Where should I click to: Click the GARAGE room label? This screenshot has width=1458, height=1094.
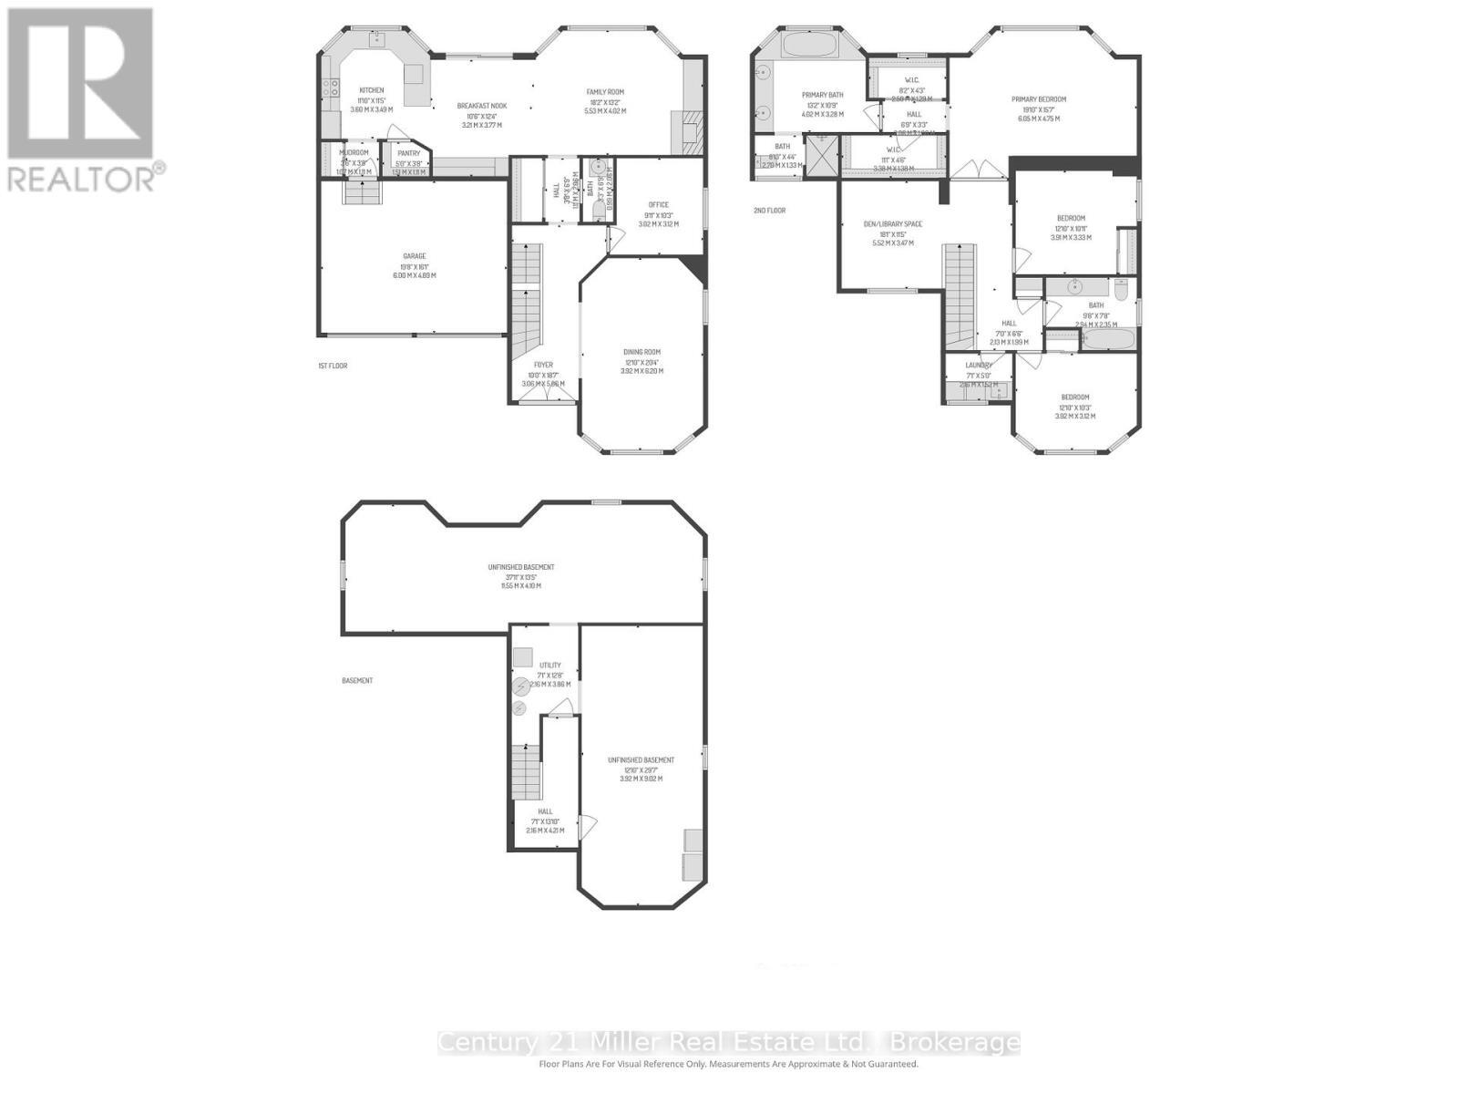(x=415, y=256)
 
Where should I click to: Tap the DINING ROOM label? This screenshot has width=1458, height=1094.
(x=642, y=352)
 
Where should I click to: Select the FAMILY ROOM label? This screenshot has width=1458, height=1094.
(x=604, y=92)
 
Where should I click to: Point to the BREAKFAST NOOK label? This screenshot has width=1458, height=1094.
(x=481, y=107)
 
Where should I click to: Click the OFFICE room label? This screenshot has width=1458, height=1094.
(x=658, y=205)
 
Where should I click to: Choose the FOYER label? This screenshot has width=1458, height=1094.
(x=543, y=365)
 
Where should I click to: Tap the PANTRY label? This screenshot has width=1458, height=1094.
(x=408, y=153)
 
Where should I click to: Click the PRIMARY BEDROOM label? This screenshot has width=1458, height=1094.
(x=1038, y=99)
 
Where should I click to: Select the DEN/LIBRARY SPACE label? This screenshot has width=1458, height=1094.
(x=892, y=224)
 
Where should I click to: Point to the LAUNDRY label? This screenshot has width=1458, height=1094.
(x=978, y=366)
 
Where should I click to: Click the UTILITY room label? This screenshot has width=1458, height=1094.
(x=549, y=666)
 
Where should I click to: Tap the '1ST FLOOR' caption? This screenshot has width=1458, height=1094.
(x=333, y=366)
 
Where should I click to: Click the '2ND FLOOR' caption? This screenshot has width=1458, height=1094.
(x=769, y=211)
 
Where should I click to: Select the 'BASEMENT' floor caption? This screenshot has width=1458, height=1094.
(x=357, y=680)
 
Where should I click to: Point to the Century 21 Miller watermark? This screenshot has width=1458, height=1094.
(x=728, y=1042)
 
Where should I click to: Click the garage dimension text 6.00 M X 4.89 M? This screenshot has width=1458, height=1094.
(x=415, y=274)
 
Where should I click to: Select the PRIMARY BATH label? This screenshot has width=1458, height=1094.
(x=822, y=95)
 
